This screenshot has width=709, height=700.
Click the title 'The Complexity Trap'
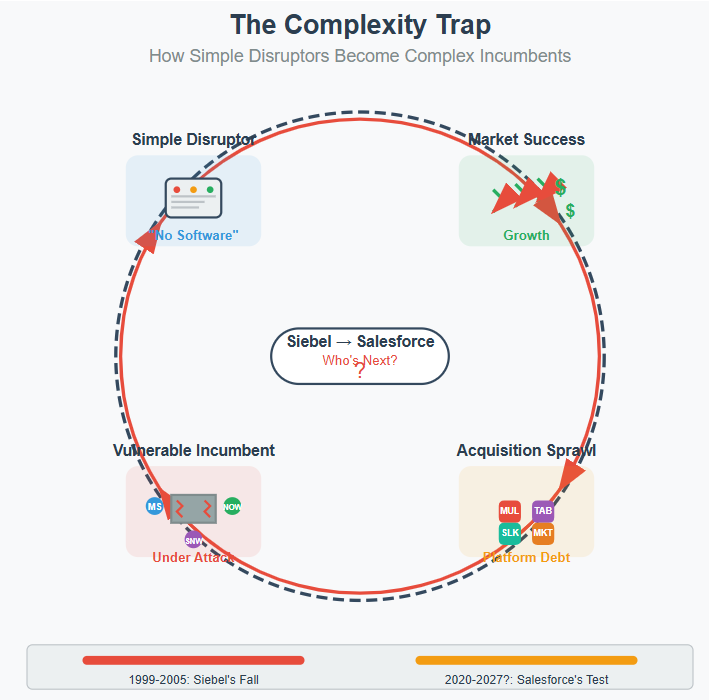click(360, 24)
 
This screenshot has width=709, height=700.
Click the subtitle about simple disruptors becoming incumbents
click(360, 56)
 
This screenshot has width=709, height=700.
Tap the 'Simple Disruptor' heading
click(193, 139)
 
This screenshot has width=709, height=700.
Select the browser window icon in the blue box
click(193, 197)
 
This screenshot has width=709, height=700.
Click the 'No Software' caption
click(194, 236)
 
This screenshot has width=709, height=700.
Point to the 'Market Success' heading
click(526, 139)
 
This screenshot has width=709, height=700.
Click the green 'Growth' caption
click(526, 235)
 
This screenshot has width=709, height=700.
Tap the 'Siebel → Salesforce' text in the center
click(360, 341)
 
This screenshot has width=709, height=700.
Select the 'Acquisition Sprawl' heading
click(526, 450)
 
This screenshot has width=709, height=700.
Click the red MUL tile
click(510, 511)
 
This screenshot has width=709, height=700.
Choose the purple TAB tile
click(543, 511)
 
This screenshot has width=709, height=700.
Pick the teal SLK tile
click(510, 533)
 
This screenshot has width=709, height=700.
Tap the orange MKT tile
click(543, 533)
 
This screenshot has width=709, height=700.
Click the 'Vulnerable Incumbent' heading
click(193, 450)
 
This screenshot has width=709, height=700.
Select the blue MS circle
click(154, 506)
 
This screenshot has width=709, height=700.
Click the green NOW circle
click(232, 506)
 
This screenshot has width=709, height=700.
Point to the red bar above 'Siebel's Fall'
click(193, 660)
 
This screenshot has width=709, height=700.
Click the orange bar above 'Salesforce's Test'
click(526, 660)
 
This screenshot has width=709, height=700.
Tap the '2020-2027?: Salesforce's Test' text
click(526, 680)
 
